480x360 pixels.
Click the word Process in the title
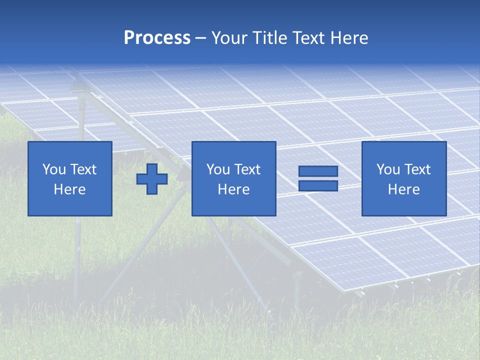[x=157, y=38]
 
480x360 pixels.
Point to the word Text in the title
[x=309, y=38]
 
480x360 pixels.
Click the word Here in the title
[x=349, y=38]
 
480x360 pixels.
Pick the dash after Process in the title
[x=201, y=38]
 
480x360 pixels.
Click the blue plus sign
[x=152, y=179]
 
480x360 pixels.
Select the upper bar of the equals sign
[x=318, y=171]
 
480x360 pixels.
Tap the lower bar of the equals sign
[x=318, y=185]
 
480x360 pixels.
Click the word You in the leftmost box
[x=54, y=169]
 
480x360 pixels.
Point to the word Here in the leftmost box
[x=70, y=189]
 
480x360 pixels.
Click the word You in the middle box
[x=218, y=169]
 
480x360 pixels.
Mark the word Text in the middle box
[x=247, y=169]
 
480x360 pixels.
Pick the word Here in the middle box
[x=234, y=189]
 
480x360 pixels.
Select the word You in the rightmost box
[x=388, y=169]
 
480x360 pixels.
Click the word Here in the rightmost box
[x=404, y=189]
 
